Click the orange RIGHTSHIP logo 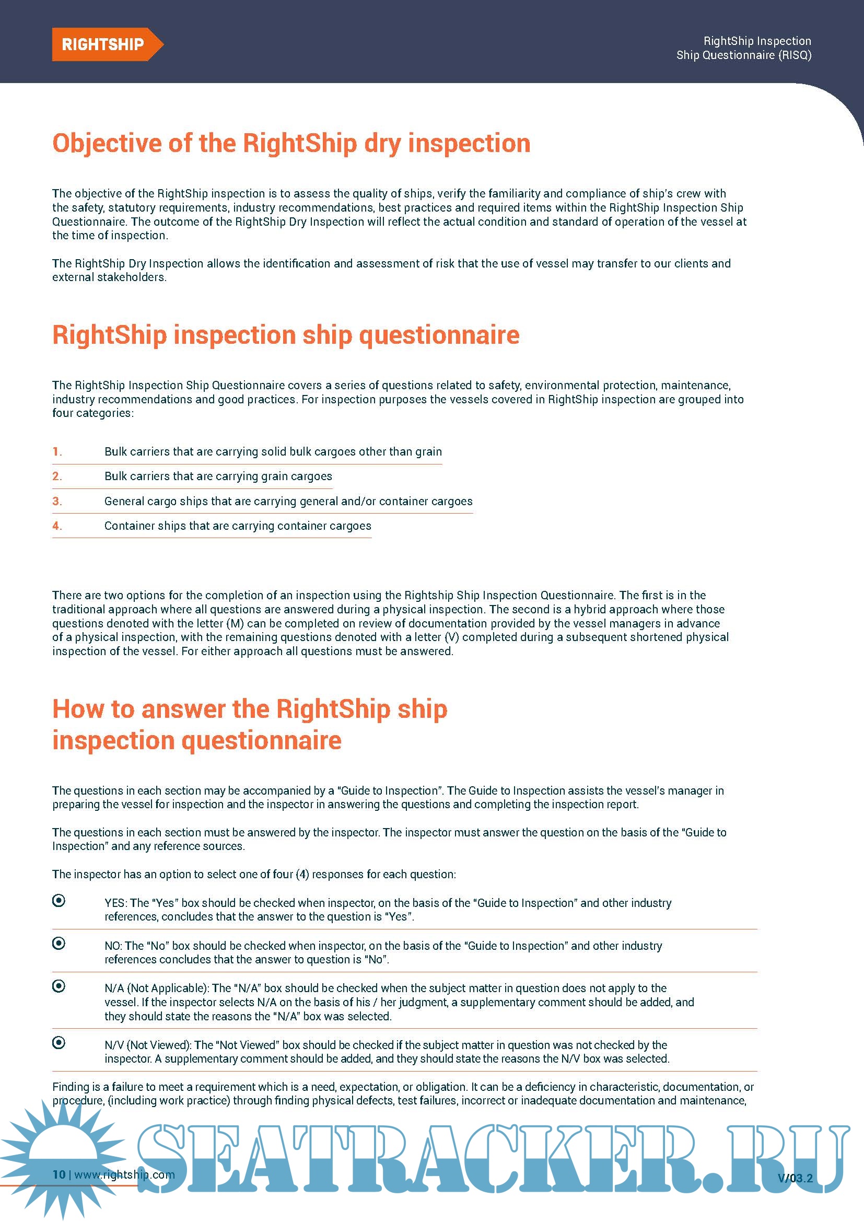(x=103, y=44)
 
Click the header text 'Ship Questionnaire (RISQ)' (x=743, y=55)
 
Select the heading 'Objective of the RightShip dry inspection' (x=291, y=144)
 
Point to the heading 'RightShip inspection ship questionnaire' (x=286, y=335)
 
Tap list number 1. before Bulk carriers (x=57, y=452)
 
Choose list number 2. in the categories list (x=57, y=476)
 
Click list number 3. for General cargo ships (x=57, y=502)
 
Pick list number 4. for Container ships (x=57, y=526)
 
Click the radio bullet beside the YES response (x=59, y=901)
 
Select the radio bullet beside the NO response (x=59, y=943)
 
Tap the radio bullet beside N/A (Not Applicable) (x=59, y=986)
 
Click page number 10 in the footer (x=59, y=1174)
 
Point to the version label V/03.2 (x=795, y=1178)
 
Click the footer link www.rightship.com (x=124, y=1174)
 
